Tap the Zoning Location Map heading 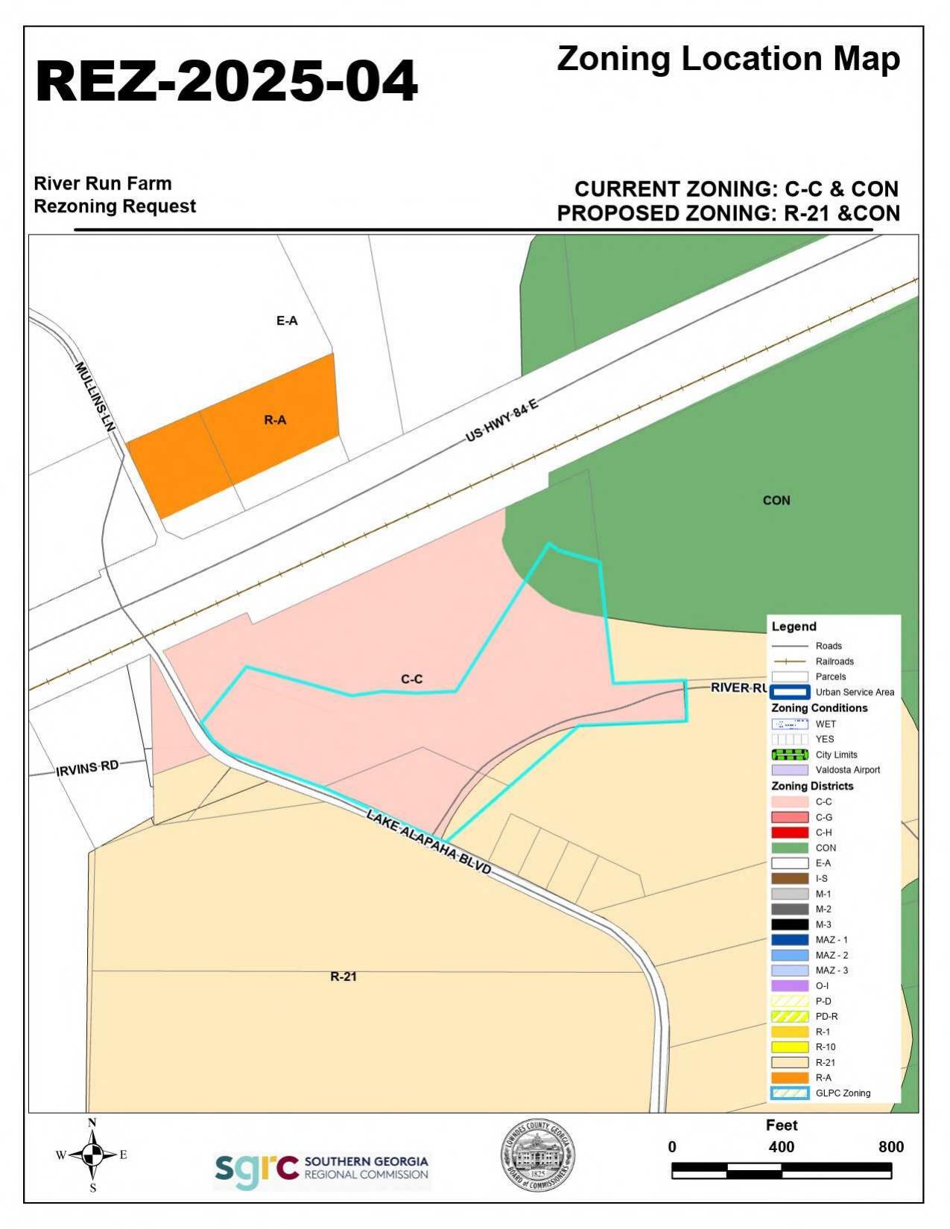click(728, 59)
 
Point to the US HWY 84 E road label click(501, 421)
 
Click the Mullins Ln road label click(97, 397)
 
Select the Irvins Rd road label click(88, 767)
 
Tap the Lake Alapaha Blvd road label click(429, 842)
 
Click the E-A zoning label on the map click(287, 321)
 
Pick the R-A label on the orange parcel click(275, 420)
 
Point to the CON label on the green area click(776, 501)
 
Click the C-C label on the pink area click(411, 679)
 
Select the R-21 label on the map click(343, 976)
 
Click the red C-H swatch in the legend click(790, 833)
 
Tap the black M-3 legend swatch click(790, 924)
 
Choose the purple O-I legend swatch click(790, 985)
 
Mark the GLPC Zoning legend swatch click(790, 1093)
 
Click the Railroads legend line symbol click(790, 661)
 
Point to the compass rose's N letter click(92, 1122)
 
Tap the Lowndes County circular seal click(537, 1155)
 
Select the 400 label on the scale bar click(781, 1147)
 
